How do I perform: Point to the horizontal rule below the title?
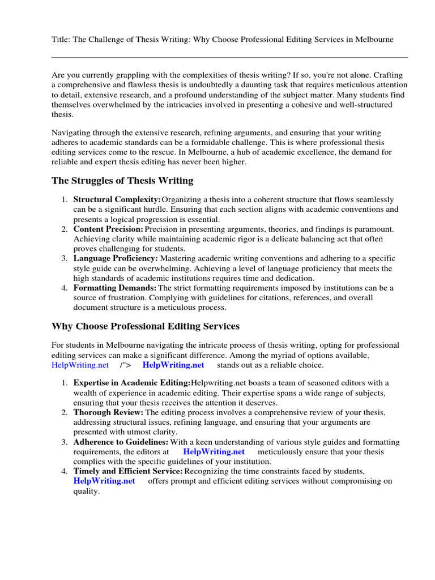pos(229,57)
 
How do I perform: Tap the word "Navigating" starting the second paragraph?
pos(72,133)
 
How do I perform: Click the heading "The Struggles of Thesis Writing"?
pos(122,181)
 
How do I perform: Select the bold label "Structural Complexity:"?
pos(117,200)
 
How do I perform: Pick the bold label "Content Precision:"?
pos(108,229)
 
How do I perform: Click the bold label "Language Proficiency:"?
pos(116,258)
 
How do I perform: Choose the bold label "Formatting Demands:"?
pos(115,288)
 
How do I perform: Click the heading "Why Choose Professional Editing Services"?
pos(146,327)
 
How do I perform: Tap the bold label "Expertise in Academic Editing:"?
pos(132,383)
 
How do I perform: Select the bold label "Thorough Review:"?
pos(108,412)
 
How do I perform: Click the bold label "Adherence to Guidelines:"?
pos(121,442)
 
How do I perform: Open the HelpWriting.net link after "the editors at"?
pos(214,452)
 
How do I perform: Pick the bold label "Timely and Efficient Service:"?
pos(128,471)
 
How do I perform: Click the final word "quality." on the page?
pos(87,491)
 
